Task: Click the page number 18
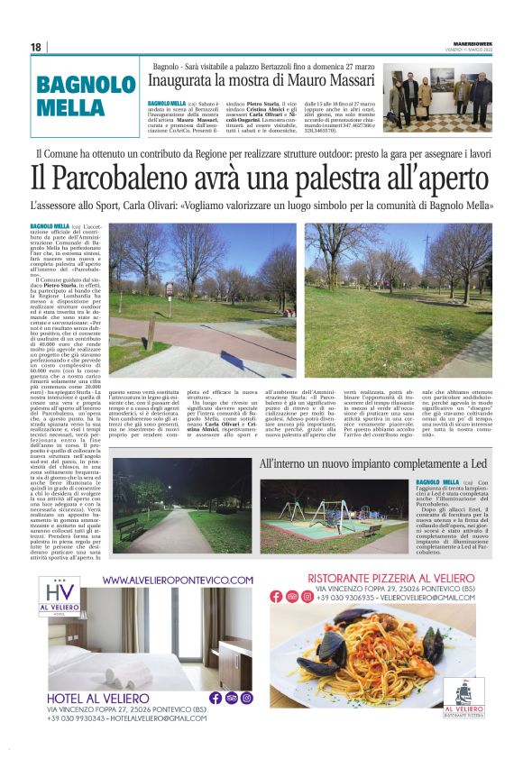35,47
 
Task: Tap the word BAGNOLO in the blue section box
87,86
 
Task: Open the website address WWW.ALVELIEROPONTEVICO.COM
177,580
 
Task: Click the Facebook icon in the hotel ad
216,698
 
